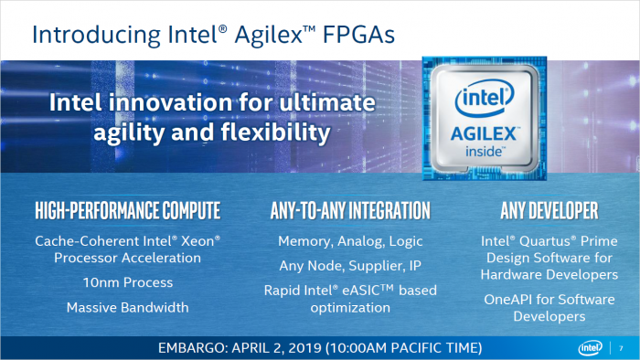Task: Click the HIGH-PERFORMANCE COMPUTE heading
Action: point(127,212)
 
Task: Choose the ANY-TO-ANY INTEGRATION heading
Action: point(350,212)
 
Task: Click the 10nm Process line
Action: point(127,283)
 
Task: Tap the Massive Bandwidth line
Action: point(127,308)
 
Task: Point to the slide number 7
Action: point(622,348)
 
